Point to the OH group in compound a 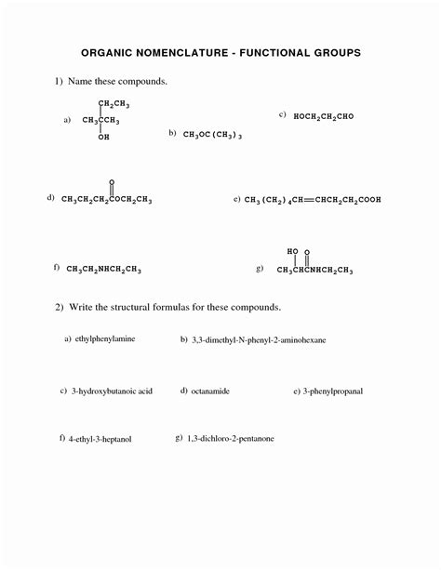coord(103,137)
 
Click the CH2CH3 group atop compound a coord(114,103)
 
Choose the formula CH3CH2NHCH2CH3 coord(102,270)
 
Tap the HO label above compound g coord(293,252)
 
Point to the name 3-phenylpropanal coord(332,391)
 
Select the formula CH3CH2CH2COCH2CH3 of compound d coord(106,199)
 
